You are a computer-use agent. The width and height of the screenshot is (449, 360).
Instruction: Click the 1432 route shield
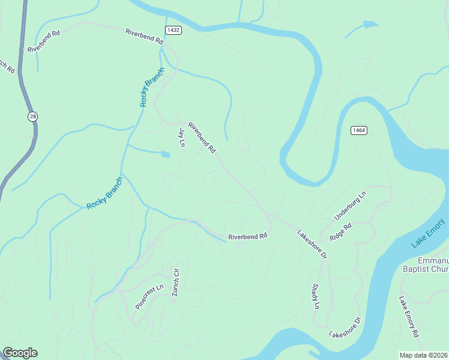173,29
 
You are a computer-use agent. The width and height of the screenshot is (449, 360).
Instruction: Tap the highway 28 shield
31,116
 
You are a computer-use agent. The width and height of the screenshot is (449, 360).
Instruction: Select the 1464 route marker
359,130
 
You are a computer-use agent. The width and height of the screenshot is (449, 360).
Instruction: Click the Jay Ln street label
181,137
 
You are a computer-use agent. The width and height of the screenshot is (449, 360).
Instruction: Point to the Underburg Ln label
349,206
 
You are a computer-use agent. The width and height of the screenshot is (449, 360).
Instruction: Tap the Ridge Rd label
340,232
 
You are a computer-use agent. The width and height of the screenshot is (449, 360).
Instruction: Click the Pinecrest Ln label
149,296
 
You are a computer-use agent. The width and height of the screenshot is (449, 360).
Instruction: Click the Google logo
20,353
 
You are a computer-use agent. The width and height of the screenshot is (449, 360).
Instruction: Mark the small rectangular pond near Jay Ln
166,154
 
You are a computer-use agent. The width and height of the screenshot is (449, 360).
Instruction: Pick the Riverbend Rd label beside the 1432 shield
144,37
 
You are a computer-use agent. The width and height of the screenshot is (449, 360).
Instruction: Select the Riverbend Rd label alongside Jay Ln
202,137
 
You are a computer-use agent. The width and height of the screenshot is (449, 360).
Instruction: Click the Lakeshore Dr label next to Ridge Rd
312,244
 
